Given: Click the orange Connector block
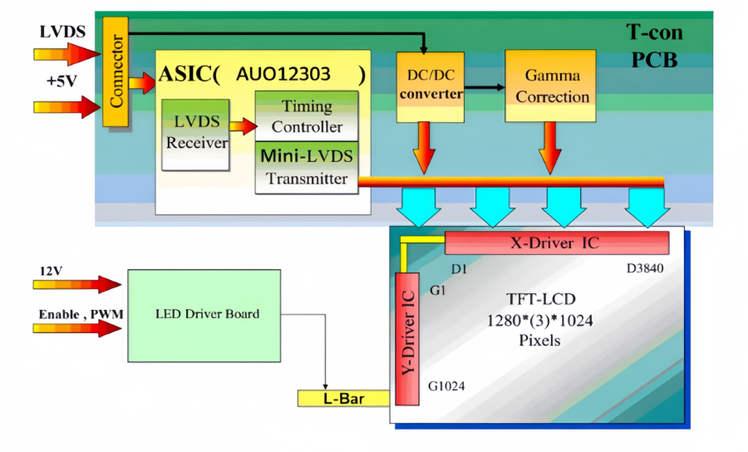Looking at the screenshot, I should tap(116, 71).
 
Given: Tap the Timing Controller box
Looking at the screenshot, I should tap(307, 116).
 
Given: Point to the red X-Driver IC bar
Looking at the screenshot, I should tap(557, 243).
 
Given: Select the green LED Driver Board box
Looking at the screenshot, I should tap(207, 314).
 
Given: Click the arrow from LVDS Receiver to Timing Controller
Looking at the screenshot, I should tap(242, 126).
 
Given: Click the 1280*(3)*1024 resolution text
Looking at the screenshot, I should tap(541, 320).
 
